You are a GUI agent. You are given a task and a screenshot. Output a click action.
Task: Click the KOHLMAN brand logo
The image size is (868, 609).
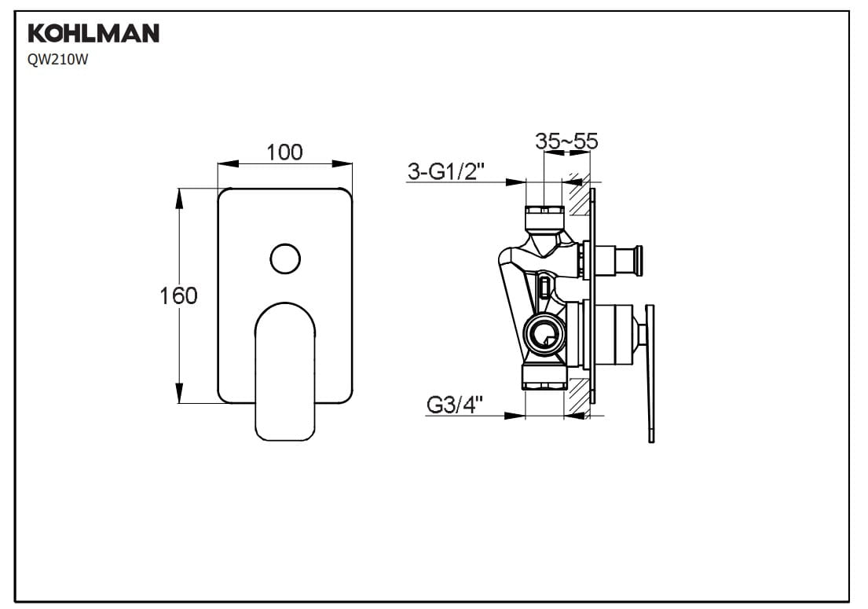93,33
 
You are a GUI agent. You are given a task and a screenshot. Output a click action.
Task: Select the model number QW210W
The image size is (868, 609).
57,61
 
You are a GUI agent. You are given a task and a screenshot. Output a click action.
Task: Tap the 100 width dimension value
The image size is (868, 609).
284,152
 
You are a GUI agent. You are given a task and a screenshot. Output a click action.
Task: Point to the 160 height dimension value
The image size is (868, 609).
178,295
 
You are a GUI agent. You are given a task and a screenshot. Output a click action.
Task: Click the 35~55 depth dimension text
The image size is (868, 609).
566,141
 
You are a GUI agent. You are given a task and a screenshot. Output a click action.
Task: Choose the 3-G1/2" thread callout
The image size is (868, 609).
445,171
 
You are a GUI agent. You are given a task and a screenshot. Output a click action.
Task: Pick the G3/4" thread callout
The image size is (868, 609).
455,405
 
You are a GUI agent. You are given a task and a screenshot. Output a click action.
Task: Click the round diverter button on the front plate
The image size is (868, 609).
285,259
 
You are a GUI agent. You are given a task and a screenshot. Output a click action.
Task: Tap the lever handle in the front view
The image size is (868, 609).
285,372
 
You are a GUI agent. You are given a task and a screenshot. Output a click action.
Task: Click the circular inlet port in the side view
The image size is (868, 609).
544,335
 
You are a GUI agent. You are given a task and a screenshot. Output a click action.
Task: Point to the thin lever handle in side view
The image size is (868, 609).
650,374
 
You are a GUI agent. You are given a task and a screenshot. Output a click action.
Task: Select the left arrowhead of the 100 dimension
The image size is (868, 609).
228,164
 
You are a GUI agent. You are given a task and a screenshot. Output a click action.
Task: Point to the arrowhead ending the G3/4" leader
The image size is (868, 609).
515,415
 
